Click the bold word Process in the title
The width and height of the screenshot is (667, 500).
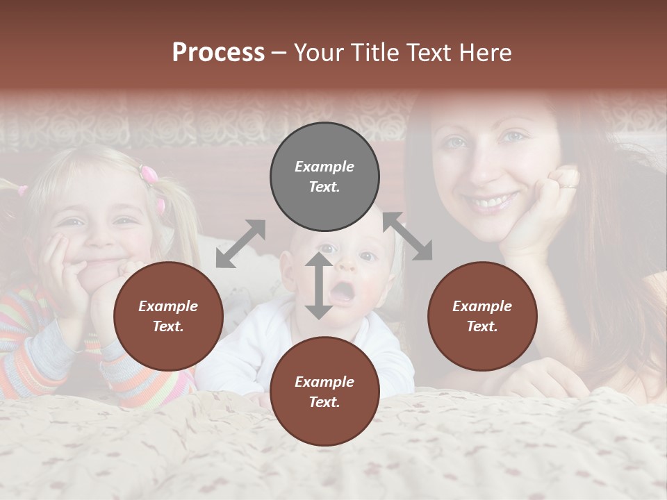(x=218, y=52)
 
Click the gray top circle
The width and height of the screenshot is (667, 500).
(x=324, y=177)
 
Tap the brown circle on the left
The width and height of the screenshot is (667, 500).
(x=168, y=317)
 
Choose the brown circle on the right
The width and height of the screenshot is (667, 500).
(x=482, y=317)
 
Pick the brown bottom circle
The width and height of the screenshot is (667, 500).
(x=324, y=392)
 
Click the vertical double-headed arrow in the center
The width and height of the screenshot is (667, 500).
(x=319, y=285)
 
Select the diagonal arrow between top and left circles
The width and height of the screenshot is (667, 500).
(x=240, y=244)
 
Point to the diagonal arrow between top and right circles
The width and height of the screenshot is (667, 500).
(x=408, y=236)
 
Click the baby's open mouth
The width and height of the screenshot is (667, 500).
(x=341, y=293)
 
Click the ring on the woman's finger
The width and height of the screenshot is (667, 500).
(x=568, y=185)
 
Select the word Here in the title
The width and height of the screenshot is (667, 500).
(x=487, y=52)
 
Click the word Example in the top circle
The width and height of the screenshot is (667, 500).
(x=324, y=167)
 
